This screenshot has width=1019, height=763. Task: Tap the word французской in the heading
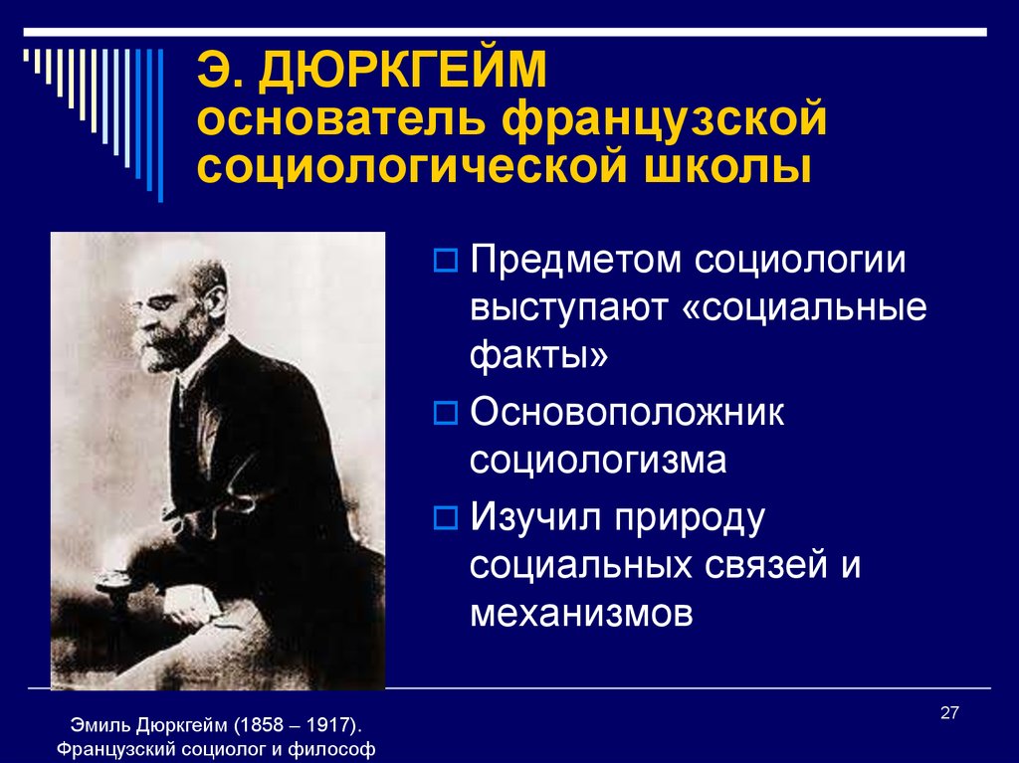(x=664, y=119)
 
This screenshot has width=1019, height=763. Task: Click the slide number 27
(x=949, y=713)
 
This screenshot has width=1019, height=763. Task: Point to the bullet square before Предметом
(x=445, y=260)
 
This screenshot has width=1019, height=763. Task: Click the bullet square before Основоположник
(x=445, y=413)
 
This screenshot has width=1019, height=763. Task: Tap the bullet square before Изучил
(x=445, y=517)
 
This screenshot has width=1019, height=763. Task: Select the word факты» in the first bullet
(x=538, y=355)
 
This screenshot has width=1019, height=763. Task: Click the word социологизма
(x=598, y=461)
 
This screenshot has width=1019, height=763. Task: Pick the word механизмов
(x=581, y=613)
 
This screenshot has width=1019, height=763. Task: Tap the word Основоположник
(x=627, y=412)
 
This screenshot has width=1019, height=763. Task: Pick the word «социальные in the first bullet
(x=805, y=308)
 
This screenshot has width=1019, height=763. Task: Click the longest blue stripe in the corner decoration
(x=160, y=125)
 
